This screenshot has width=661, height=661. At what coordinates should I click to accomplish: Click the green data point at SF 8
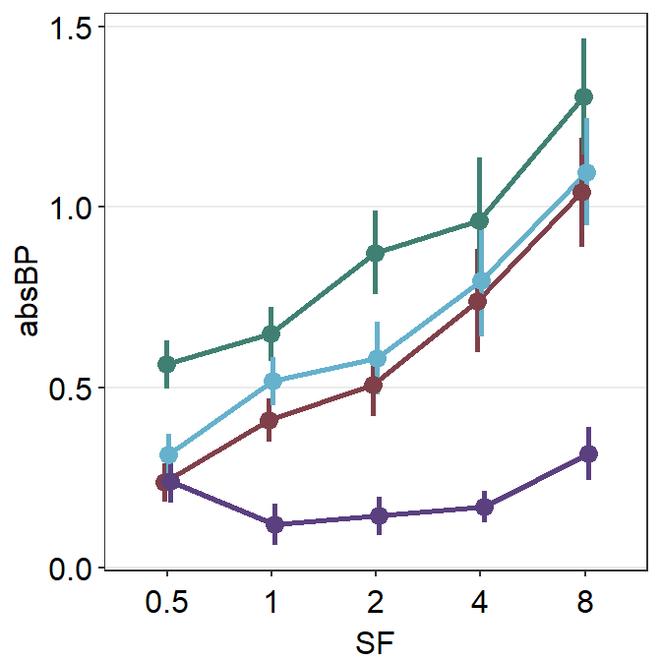tap(583, 96)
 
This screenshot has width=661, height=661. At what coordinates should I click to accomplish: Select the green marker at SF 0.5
tap(166, 364)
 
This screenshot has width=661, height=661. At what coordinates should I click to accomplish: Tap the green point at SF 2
tap(375, 253)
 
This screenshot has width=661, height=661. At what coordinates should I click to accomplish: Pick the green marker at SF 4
tap(479, 220)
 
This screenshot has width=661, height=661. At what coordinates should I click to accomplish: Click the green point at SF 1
tap(270, 334)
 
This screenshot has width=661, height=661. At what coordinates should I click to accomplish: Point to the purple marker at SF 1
tap(274, 524)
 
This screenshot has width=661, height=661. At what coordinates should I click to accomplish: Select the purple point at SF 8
tap(588, 453)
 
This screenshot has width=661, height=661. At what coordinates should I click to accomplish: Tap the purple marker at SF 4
tap(484, 507)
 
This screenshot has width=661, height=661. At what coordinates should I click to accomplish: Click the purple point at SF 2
tap(379, 515)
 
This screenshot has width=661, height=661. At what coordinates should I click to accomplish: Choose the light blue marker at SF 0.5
tap(168, 454)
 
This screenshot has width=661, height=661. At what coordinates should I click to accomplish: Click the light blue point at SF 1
tap(272, 381)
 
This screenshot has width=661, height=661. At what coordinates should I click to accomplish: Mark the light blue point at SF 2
tap(377, 358)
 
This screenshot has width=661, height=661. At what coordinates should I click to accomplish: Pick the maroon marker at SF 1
tap(270, 420)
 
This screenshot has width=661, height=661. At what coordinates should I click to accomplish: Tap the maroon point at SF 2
tap(374, 385)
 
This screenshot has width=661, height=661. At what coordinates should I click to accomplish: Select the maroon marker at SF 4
tap(478, 301)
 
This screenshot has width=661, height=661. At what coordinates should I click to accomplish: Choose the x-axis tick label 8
tap(585, 602)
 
